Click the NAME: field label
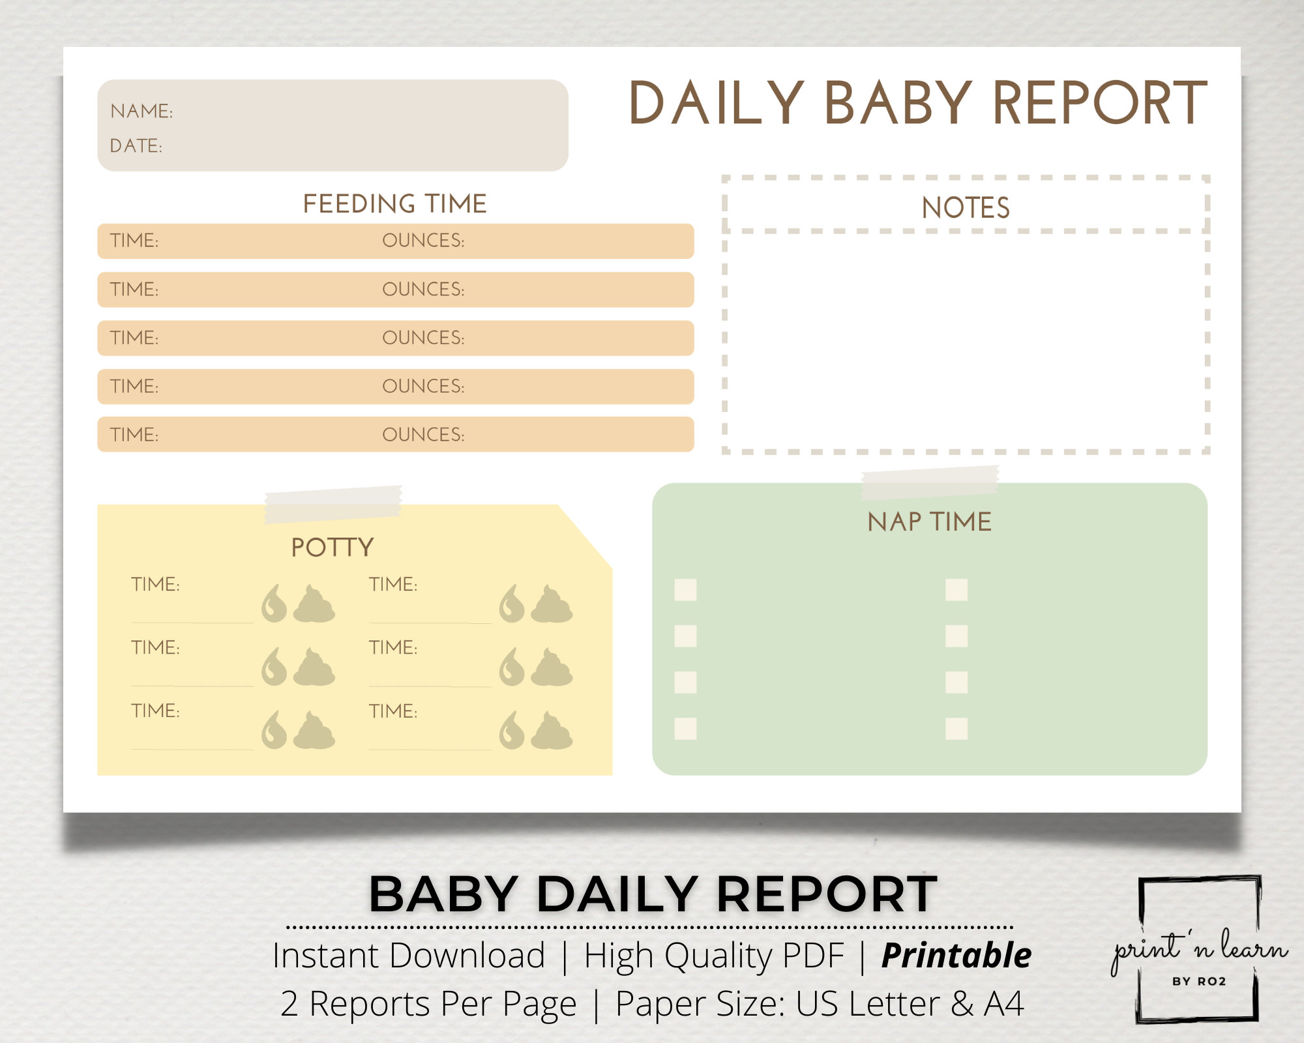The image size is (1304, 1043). point(141,111)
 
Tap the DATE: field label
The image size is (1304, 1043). point(136,146)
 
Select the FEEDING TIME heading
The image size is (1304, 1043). point(394,204)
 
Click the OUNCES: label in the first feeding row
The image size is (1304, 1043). point(423,241)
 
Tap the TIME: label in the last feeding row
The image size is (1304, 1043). point(134,435)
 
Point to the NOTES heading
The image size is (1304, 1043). point(966,208)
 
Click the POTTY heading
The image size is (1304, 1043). point(332,548)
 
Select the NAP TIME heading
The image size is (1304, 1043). point(929,522)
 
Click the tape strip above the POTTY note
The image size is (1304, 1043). point(333,504)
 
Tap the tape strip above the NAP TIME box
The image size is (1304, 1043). point(930,482)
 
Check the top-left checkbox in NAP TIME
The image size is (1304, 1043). point(685,590)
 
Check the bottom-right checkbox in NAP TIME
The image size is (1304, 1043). point(956,729)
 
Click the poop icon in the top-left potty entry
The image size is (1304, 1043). point(314,604)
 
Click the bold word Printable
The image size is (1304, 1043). point(956,956)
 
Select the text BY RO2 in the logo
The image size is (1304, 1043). point(1199,982)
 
